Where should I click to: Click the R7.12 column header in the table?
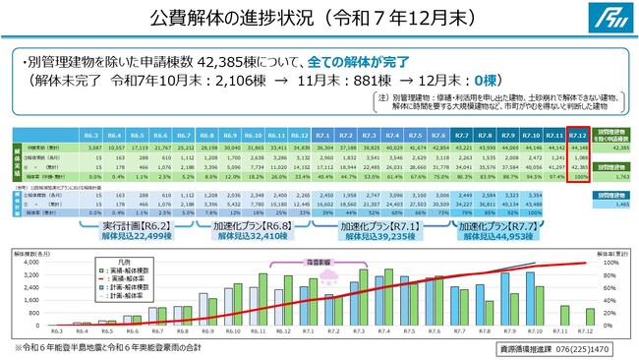point(578,133)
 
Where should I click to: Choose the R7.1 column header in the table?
point(322,133)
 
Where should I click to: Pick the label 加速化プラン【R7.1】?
point(375,225)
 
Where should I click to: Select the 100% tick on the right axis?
point(609,263)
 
